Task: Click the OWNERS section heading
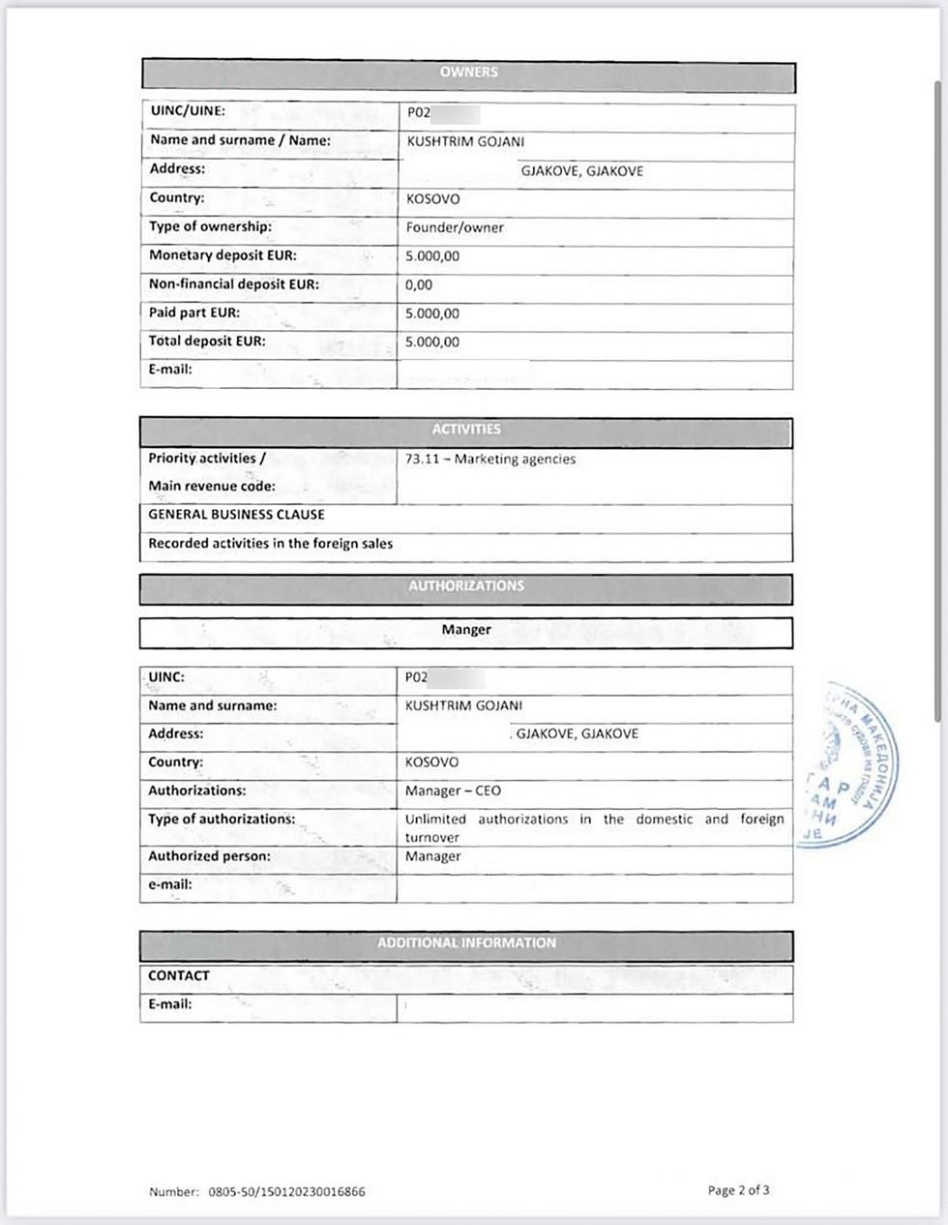[x=468, y=73]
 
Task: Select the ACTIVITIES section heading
[x=466, y=430]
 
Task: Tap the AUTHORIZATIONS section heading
[x=466, y=586]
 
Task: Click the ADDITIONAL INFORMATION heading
[x=466, y=943]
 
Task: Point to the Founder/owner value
[x=455, y=228]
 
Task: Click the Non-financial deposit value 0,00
[x=419, y=285]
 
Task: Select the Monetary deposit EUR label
[x=222, y=256]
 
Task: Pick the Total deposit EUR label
[x=206, y=342]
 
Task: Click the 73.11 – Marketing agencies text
[x=490, y=460]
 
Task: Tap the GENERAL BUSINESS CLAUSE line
[x=236, y=515]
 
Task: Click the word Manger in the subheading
[x=466, y=630]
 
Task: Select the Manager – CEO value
[x=453, y=792]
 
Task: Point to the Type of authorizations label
[x=222, y=820]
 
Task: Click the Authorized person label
[x=209, y=857]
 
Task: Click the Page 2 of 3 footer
[x=738, y=1191]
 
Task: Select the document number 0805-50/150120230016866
[x=286, y=1193]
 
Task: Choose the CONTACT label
[x=179, y=976]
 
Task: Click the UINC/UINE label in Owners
[x=187, y=111]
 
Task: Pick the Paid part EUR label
[x=194, y=314]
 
